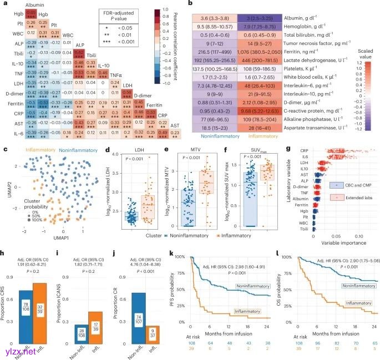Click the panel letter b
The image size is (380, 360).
point(190,4)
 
